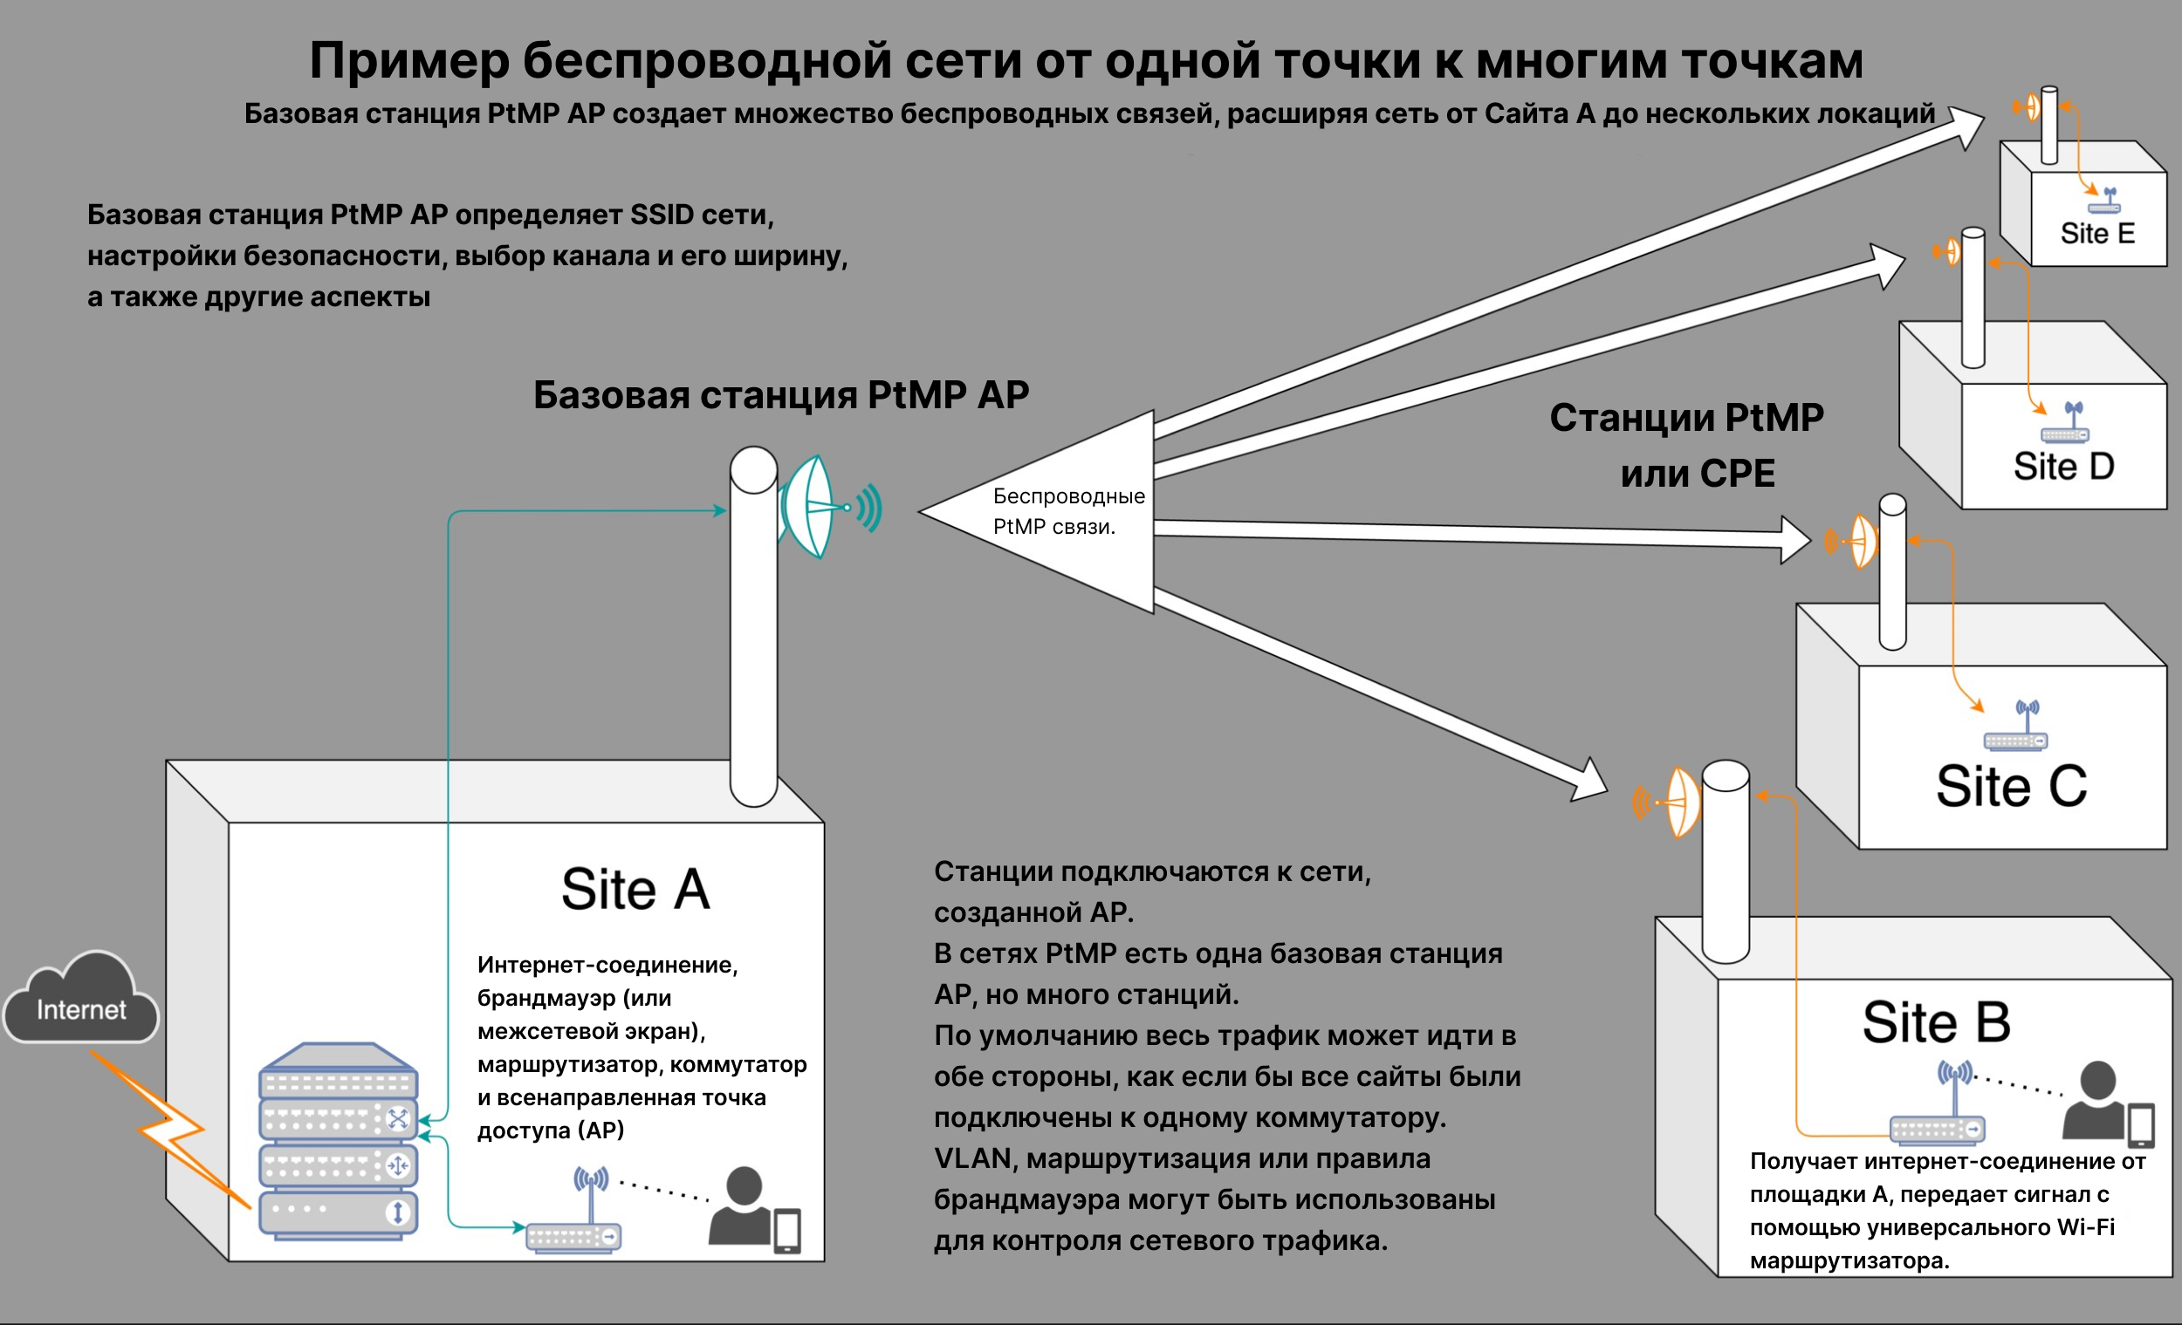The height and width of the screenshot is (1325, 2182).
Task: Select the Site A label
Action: pos(635,889)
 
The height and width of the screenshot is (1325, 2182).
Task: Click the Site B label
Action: pos(1936,1022)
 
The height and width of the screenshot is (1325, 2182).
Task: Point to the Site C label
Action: pos(2010,786)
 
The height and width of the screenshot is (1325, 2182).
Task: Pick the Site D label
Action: pos(2063,467)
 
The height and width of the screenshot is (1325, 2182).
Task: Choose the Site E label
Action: pos(2096,234)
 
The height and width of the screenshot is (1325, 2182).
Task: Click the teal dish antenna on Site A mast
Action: pos(810,507)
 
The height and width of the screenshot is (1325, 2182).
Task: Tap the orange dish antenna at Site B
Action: pos(1681,802)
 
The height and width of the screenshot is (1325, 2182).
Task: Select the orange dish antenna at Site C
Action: pos(1861,541)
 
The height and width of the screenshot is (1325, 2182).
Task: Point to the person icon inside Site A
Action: pos(742,1206)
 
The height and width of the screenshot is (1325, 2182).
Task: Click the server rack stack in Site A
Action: pos(338,1142)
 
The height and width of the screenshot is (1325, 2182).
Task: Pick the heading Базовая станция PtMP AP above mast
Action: pos(780,396)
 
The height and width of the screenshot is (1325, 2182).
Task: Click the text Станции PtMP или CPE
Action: pos(1687,445)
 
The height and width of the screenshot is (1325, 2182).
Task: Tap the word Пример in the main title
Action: pos(408,62)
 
